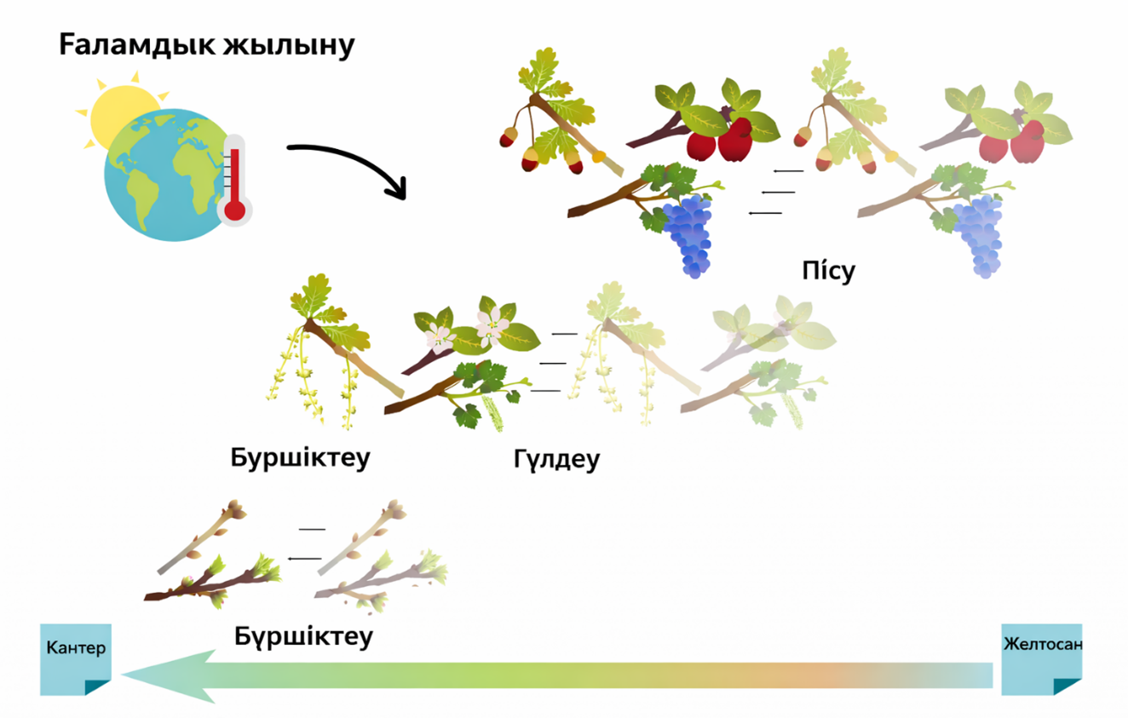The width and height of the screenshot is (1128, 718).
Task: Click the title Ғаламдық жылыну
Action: pos(206,45)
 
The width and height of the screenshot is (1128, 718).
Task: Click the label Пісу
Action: pos(827,271)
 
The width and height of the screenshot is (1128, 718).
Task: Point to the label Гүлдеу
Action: pos(556,459)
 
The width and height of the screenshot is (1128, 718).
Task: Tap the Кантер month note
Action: pos(76,658)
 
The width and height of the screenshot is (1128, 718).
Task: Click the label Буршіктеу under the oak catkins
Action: pos(300,457)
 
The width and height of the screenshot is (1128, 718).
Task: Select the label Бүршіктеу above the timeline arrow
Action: pos(303,635)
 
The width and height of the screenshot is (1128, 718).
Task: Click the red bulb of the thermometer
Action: pos(234,208)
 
